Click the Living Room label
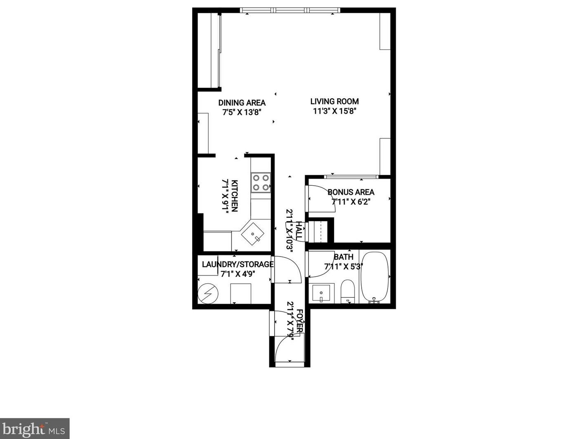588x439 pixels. pos(334,101)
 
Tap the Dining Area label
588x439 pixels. pos(242,103)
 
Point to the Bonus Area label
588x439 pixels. pos(351,192)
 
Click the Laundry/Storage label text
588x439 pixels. pos(238,264)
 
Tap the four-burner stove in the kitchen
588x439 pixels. pos(261,182)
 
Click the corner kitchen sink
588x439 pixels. pos(252,234)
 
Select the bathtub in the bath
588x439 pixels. pos(375,277)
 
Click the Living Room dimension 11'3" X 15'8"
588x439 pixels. pos(334,111)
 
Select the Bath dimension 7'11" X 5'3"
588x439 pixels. pos(343,266)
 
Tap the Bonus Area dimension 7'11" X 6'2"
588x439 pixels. pos(351,202)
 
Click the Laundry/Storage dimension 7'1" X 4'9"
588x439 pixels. pos(238,274)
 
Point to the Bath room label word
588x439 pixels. pos(343,257)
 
